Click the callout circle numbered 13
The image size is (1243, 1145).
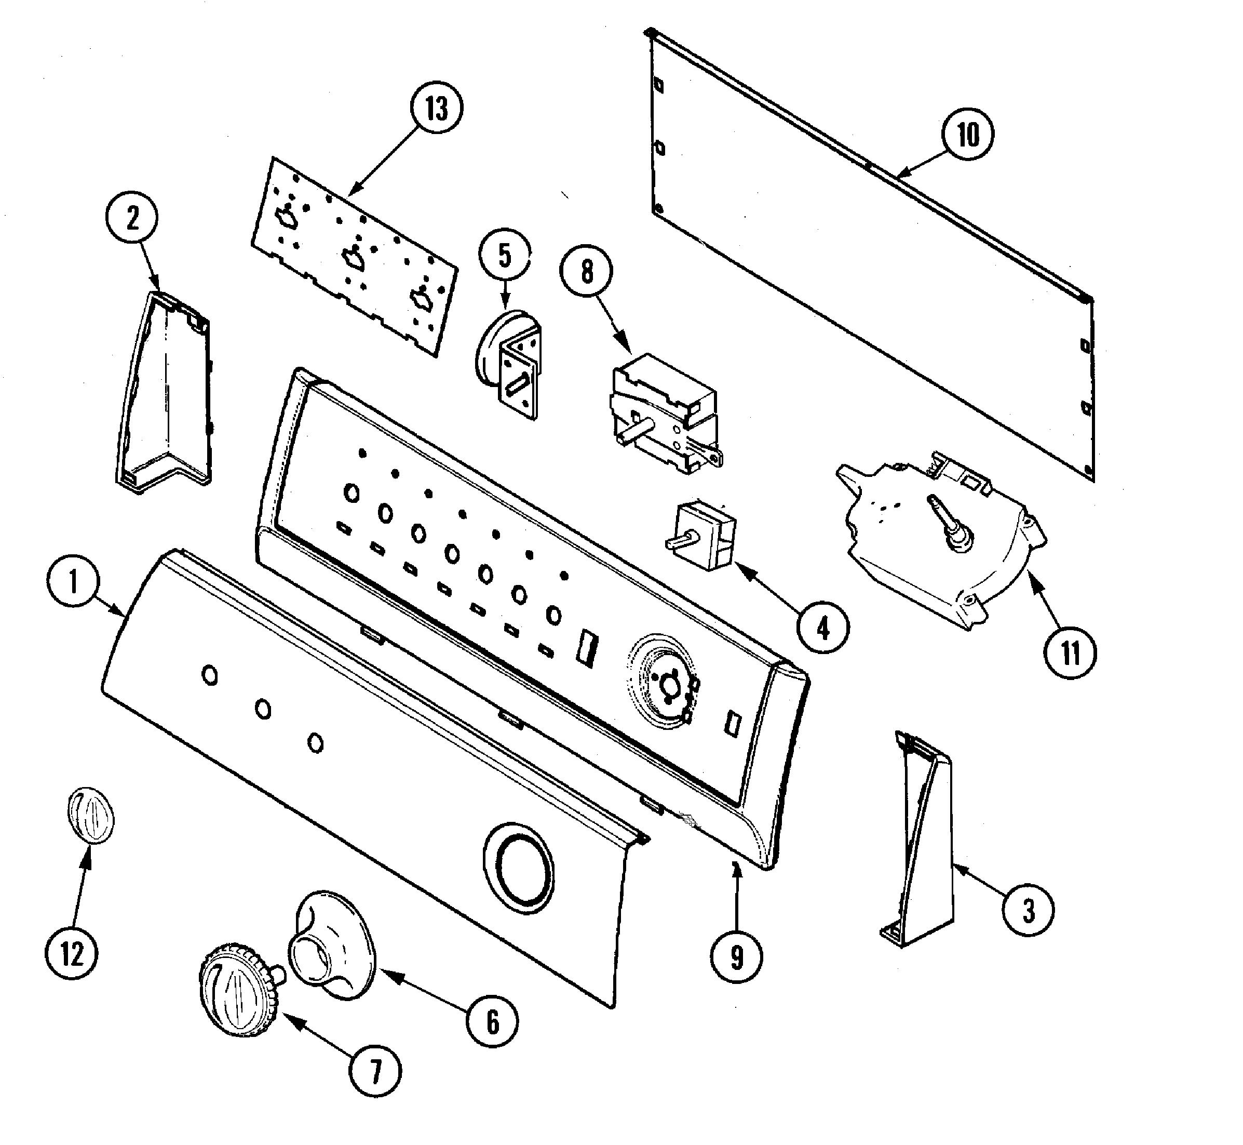coord(437,109)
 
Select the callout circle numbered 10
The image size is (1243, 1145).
coord(968,135)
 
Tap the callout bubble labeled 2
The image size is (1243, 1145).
coord(132,219)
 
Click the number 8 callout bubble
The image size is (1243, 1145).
coord(587,272)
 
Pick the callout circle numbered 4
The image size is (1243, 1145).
coord(822,629)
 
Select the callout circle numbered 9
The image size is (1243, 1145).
coord(736,957)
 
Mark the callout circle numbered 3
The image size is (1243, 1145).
coord(1028,911)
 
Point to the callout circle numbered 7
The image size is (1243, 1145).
coord(375,1071)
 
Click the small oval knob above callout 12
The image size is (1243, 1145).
coord(90,816)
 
